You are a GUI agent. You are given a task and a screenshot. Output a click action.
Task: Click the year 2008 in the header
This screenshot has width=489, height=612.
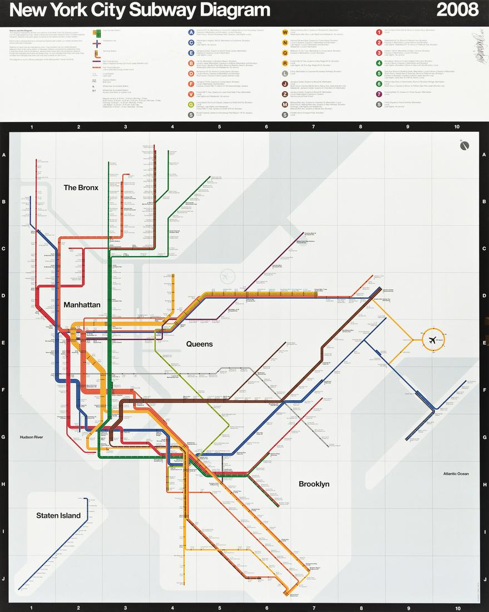click(457, 9)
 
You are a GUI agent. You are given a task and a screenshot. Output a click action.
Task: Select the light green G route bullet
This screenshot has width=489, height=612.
click(191, 103)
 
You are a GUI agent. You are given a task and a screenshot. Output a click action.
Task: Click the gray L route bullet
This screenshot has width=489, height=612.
click(285, 73)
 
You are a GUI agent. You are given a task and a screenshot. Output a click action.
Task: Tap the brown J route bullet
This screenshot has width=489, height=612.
click(285, 83)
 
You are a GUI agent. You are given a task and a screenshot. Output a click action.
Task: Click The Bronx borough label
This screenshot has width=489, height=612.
click(81, 187)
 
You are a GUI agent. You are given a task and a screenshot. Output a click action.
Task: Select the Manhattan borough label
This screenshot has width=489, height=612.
click(82, 305)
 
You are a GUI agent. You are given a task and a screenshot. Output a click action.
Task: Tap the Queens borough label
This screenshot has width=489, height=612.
click(199, 344)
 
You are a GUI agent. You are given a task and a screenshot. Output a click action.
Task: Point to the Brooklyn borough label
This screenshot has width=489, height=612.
click(314, 484)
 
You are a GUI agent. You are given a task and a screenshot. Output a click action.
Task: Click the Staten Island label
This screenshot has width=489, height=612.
click(58, 515)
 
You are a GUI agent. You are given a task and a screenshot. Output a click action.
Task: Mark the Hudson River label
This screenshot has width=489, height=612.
click(31, 437)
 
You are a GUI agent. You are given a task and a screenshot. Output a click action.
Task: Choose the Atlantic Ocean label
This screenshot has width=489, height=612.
click(456, 474)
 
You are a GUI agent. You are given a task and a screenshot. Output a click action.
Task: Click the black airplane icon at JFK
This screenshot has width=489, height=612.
click(432, 339)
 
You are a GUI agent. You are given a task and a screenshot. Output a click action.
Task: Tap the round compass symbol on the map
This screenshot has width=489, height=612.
click(465, 146)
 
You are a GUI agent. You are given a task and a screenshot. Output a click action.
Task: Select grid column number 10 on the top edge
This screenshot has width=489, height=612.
click(457, 127)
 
